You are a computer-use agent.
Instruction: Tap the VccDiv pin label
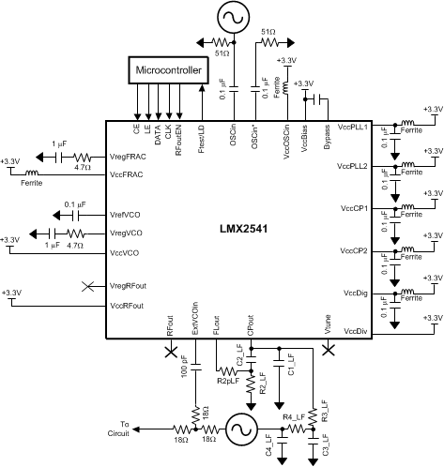(x=357, y=331)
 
